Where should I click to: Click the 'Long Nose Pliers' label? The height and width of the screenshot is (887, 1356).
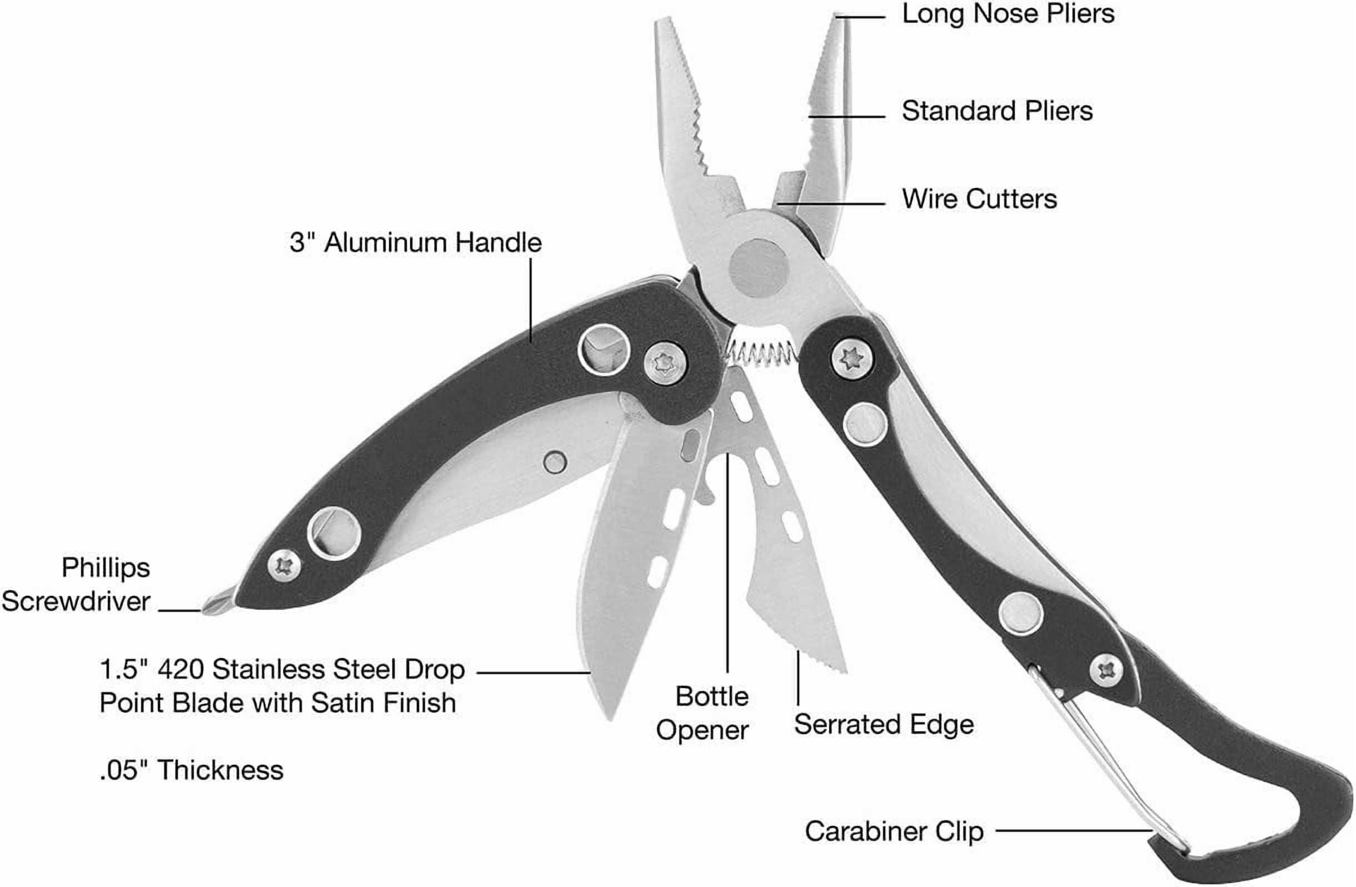coord(1008,13)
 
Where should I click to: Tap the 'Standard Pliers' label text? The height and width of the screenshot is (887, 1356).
coord(997,111)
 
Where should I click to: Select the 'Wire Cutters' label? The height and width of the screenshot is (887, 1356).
coord(979,199)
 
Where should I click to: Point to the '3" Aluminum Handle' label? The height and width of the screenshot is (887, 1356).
coord(415,243)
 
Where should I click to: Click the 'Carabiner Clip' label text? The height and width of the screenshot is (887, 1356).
coord(894,831)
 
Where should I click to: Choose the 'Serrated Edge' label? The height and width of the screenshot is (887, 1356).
coord(884,724)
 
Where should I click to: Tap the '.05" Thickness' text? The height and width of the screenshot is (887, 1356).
coord(191,770)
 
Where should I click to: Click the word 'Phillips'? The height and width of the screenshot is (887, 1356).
coord(106,568)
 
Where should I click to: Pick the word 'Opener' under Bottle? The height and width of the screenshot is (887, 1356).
coord(702,731)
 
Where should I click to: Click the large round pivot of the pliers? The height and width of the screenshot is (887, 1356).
coord(759,268)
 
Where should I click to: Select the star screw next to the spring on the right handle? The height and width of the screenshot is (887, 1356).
coord(853,359)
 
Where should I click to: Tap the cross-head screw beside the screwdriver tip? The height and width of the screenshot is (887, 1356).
coord(285,566)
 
